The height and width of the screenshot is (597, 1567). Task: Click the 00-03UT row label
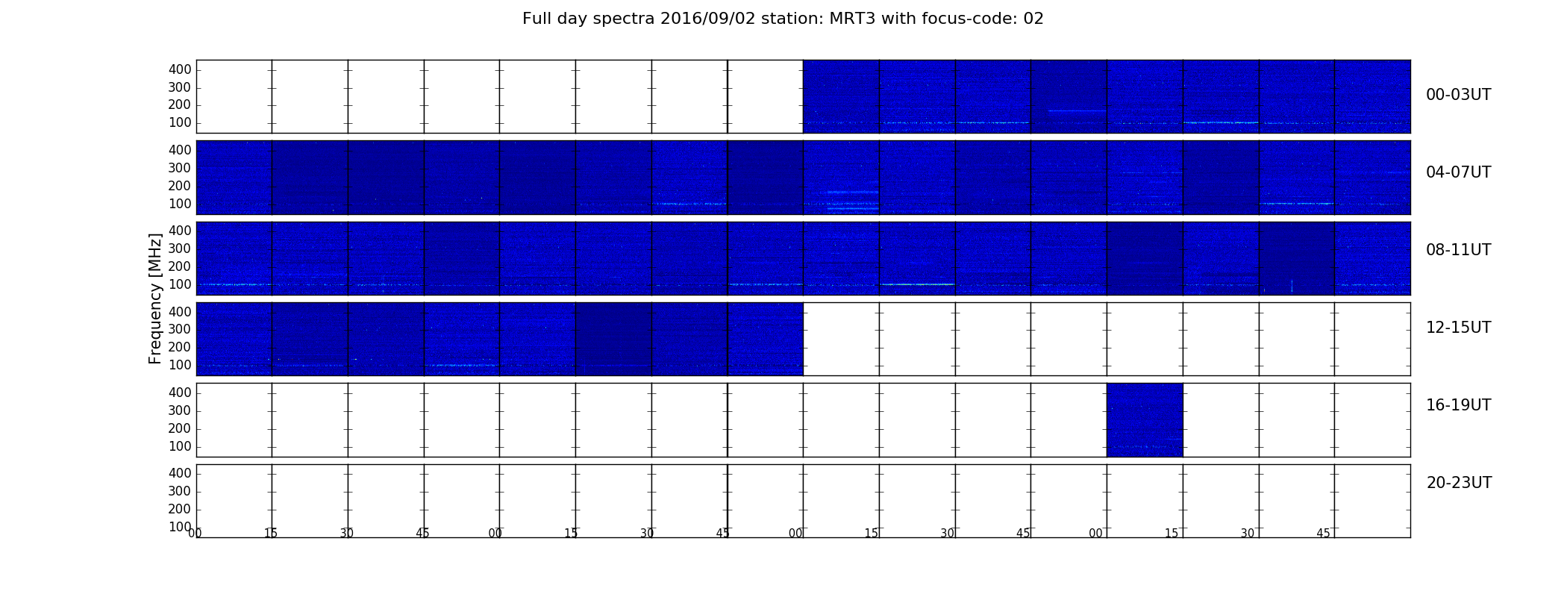point(1458,95)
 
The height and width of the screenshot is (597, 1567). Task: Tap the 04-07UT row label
point(1458,172)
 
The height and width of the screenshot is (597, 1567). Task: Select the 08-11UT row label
point(1458,250)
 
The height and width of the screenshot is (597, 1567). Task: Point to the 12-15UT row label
point(1458,328)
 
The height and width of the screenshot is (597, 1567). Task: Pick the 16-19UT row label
point(1458,405)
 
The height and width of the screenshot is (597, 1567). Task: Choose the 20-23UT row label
point(1459,483)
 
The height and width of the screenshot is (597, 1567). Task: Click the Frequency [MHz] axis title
point(155,298)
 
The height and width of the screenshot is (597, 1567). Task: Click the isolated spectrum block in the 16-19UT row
point(1145,420)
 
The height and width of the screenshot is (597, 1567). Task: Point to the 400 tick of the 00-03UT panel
point(180,69)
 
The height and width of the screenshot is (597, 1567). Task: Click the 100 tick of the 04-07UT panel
point(180,204)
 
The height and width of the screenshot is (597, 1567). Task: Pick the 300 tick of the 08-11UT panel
point(180,249)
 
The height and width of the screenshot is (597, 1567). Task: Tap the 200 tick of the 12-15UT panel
point(180,347)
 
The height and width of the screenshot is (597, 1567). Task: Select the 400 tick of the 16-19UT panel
point(180,393)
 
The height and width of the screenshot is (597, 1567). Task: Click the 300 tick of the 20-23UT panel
point(180,491)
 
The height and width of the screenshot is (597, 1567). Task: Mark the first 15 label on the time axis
point(271,534)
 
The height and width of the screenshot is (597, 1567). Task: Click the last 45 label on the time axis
point(1323,534)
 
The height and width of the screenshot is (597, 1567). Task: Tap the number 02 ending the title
point(1033,19)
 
